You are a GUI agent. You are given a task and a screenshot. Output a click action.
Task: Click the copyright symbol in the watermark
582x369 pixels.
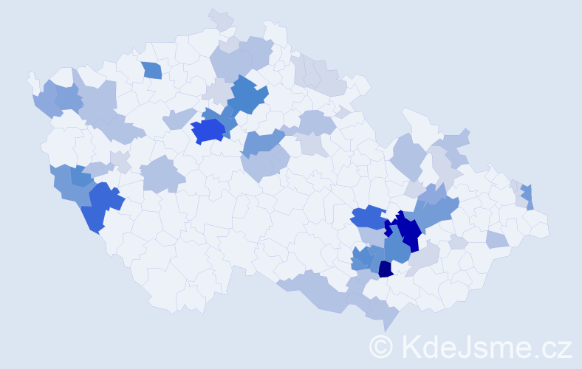pos(381,345)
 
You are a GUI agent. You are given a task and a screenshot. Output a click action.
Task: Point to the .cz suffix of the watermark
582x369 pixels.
pos(552,345)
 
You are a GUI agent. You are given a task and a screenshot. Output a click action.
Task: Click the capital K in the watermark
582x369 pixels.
pos(411,345)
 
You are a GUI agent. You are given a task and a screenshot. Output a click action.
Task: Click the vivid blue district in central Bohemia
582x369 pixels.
pos(208,131)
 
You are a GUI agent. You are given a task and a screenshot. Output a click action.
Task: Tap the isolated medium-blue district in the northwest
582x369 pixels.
pos(151,70)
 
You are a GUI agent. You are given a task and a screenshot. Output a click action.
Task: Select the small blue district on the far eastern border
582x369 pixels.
pos(528,196)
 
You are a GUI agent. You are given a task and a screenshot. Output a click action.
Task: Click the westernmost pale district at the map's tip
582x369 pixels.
pos(32,80)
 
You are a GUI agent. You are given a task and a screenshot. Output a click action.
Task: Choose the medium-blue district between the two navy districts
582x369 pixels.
pos(397,249)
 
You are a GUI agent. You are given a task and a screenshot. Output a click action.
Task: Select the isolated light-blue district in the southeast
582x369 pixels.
pos(497,238)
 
